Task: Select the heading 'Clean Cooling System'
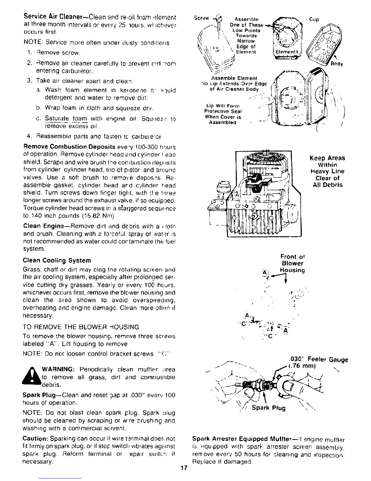tap(57, 261)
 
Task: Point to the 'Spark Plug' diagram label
tap(269, 408)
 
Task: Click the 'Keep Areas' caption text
tap(327, 158)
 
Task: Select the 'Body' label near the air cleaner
tap(336, 64)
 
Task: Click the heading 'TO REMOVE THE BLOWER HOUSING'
tap(81, 327)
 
